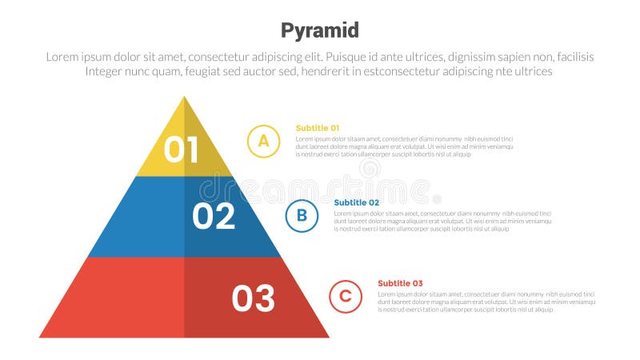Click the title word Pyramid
pos(319,30)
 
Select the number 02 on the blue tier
pos(214,216)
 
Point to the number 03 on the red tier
pos(253,298)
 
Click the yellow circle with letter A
pos(263,141)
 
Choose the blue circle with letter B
pos(302,215)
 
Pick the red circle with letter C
pos(346,296)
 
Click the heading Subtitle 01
pos(318,128)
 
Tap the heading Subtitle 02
pos(356,202)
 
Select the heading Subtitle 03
pos(400,283)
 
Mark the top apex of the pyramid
pos(184,97)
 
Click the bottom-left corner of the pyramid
pos(41,337)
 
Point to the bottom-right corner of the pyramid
pos(328,337)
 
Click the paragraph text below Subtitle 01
pos(404,146)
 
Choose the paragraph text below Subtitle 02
pos(442,221)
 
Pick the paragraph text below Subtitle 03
pos(486,302)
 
